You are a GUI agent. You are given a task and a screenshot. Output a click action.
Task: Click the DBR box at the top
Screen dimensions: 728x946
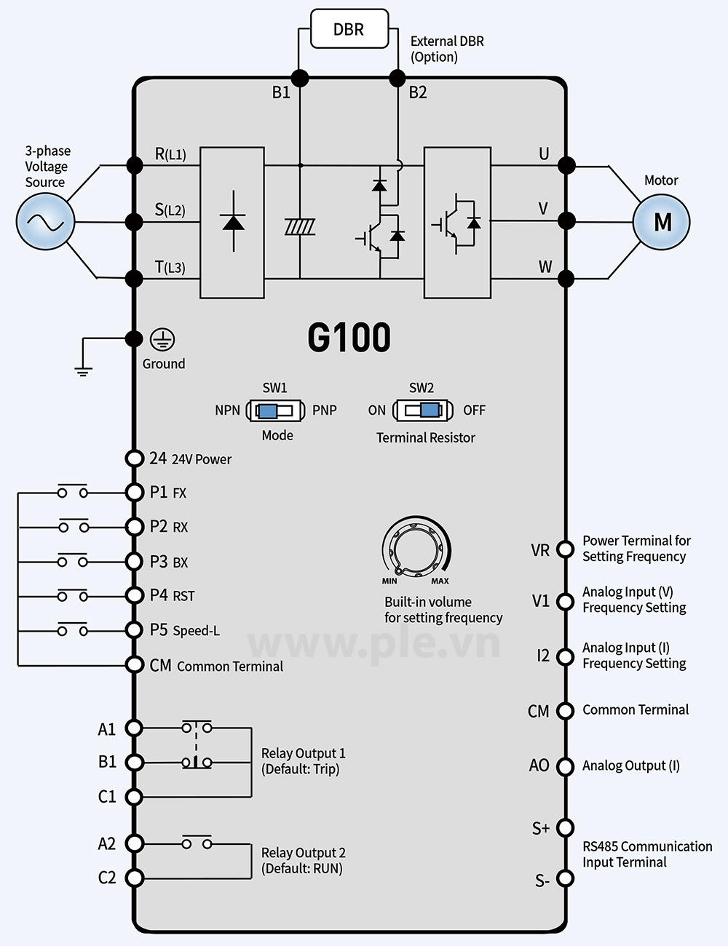349,28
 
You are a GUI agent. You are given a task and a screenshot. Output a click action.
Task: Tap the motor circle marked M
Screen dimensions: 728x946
661,222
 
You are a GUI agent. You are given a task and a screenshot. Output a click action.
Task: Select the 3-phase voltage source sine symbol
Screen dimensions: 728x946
45,222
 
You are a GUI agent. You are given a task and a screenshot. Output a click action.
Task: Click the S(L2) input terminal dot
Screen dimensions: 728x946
134,222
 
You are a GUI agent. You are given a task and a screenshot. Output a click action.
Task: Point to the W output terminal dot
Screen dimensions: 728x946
566,279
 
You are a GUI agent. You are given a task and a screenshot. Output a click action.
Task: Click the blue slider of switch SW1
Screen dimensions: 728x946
267,411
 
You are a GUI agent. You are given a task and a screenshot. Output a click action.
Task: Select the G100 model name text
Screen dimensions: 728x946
349,337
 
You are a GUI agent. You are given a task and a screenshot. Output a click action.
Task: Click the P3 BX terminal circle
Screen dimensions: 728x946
134,562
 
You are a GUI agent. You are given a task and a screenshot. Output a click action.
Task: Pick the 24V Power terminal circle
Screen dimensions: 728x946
134,458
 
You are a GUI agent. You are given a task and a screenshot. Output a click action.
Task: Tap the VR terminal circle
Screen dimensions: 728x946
565,550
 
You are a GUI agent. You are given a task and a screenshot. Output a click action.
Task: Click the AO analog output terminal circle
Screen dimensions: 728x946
565,766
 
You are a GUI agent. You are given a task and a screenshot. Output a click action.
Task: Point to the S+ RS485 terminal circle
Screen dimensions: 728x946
565,827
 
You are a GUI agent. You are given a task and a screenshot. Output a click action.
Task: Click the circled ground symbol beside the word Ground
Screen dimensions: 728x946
162,340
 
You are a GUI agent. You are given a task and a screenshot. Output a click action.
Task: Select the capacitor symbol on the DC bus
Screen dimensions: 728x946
299,227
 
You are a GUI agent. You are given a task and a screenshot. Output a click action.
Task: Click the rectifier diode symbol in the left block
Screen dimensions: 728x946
234,221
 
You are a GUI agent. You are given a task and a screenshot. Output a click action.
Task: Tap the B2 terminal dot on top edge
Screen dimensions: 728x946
397,79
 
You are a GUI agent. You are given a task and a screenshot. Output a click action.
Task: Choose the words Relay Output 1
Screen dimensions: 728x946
303,754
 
